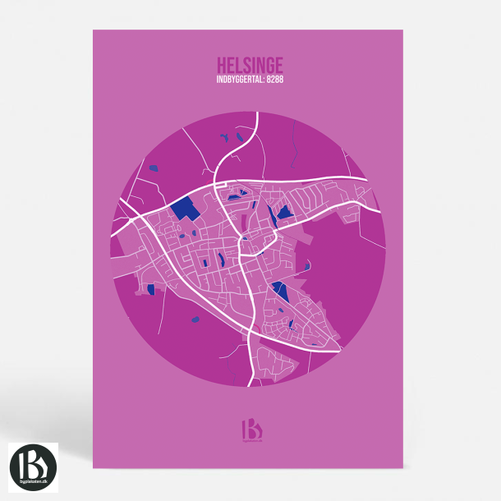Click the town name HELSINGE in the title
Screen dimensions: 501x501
click(250, 64)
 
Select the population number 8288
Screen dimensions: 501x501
click(273, 80)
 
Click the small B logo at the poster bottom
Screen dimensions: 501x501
click(250, 430)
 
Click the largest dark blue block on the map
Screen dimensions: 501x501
click(186, 208)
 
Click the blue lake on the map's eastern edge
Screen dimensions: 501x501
click(307, 265)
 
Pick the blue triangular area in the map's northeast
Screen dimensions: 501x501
click(285, 213)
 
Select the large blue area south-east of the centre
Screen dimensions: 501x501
click(279, 291)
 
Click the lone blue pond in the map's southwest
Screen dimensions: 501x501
click(195, 319)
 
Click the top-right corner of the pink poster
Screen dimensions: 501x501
click(403, 30)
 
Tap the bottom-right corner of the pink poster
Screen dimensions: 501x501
click(403, 469)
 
